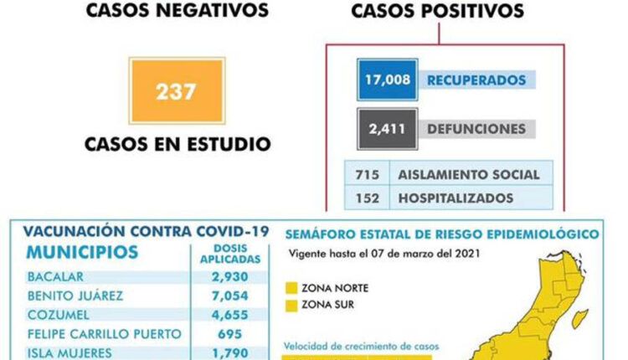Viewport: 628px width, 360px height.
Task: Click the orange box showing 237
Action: [x=177, y=90]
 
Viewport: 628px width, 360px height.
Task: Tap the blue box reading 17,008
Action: [x=387, y=80]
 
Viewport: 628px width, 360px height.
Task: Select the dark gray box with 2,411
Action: [x=387, y=129]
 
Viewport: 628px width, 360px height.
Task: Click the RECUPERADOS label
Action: [x=476, y=80]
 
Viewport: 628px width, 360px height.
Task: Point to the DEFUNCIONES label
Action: [x=476, y=129]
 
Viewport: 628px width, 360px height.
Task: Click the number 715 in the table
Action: [x=366, y=174]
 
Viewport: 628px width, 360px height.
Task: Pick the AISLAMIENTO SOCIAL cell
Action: [x=468, y=174]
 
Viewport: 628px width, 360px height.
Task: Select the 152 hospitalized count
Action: [x=366, y=198]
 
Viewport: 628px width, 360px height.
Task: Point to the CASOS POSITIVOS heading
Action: [x=437, y=11]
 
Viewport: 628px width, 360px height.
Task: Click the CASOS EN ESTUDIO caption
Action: [x=178, y=143]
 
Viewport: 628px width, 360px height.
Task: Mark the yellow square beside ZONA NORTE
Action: [x=292, y=288]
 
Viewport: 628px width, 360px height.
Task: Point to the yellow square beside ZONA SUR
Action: [x=292, y=305]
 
